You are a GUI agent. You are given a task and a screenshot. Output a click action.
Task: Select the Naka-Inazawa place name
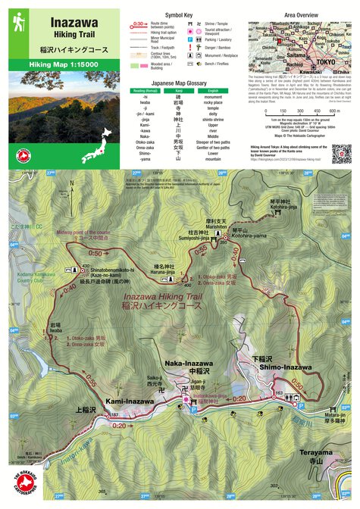pos(189,364)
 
